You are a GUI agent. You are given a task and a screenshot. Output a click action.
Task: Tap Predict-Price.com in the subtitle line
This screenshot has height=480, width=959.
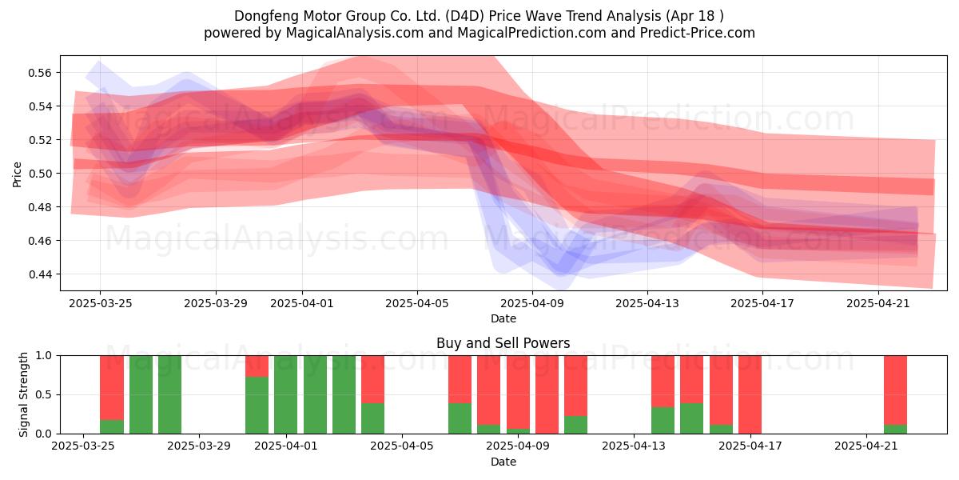[698, 33]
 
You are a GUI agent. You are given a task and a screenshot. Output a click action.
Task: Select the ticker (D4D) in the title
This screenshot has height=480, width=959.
[464, 16]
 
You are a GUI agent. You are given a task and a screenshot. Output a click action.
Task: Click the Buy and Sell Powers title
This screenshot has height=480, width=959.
[503, 343]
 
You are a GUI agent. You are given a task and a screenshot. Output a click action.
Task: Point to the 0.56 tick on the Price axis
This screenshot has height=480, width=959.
[40, 73]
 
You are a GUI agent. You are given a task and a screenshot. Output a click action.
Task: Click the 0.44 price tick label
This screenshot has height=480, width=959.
[40, 274]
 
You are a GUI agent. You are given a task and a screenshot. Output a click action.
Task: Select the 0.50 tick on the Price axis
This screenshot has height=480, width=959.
[40, 174]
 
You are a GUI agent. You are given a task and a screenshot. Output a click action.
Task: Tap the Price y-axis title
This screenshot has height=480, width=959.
[17, 174]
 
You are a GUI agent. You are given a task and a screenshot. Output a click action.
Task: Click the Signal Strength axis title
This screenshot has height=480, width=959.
[23, 394]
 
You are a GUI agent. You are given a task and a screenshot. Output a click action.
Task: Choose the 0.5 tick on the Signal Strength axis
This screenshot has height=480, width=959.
[44, 394]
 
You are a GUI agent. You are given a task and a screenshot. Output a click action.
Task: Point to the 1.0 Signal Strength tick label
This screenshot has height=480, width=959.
[44, 356]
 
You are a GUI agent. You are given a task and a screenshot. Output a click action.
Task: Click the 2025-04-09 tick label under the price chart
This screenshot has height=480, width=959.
[532, 304]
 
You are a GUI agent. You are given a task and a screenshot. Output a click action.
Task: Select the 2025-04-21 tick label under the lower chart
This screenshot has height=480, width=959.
[866, 446]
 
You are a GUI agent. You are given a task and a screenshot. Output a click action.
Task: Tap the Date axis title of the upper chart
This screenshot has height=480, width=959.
[503, 319]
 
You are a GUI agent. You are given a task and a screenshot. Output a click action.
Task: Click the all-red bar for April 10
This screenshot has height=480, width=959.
[547, 394]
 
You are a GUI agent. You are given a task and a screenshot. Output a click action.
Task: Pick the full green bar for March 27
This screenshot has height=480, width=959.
[141, 394]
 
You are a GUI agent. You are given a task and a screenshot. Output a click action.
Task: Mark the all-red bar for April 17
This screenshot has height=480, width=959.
[750, 394]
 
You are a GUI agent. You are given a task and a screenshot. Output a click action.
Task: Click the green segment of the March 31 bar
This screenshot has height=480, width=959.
[257, 406]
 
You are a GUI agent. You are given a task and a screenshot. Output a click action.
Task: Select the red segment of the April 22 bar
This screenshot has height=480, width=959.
[895, 390]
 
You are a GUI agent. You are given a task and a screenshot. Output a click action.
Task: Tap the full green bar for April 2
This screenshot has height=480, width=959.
[315, 394]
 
